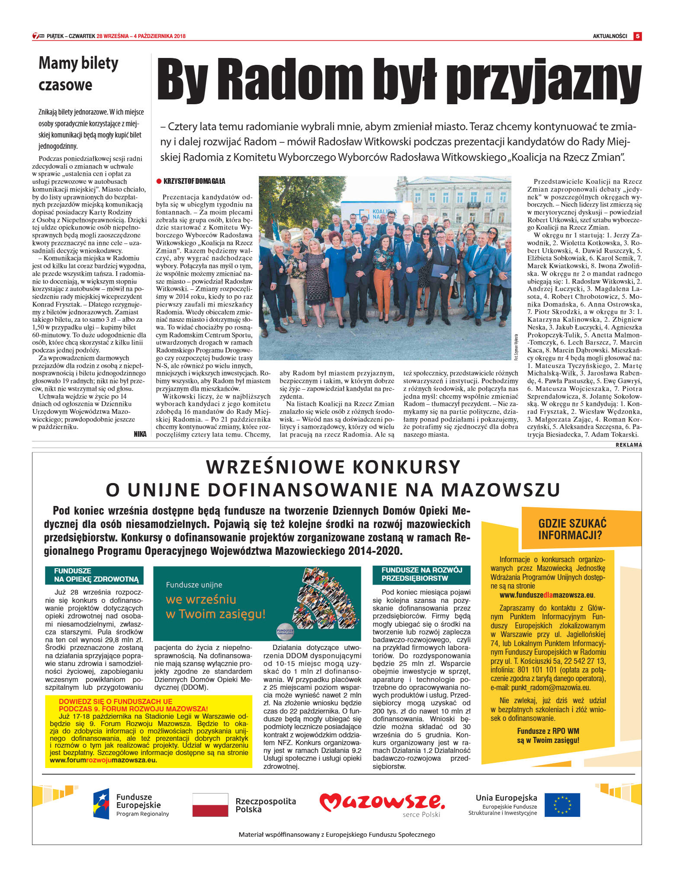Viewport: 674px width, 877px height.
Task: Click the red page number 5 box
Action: point(637,36)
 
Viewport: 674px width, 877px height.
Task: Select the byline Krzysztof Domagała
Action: point(194,181)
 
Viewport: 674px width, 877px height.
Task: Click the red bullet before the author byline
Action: point(159,181)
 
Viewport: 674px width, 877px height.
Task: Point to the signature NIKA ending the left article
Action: point(140,434)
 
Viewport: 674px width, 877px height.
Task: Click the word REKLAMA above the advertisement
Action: point(629,445)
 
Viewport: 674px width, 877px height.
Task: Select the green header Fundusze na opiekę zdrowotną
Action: point(94,575)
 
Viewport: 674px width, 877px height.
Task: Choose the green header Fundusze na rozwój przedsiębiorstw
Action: point(421,574)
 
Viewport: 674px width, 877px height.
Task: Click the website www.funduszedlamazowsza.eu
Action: point(547,595)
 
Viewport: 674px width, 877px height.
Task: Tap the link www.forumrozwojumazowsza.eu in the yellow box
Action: point(103,760)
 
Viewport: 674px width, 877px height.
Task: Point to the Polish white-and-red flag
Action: point(210,804)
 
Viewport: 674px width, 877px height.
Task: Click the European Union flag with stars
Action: point(562,804)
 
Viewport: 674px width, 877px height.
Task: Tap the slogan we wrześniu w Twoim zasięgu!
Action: point(215,606)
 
